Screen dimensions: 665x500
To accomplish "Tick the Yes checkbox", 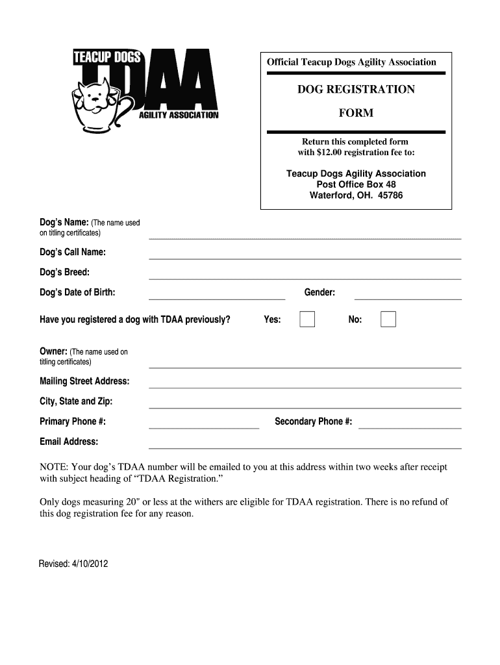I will [307, 320].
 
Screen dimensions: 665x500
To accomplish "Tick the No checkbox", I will [388, 320].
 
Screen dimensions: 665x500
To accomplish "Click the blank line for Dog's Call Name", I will [305, 257].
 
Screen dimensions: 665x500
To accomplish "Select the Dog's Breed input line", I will [305, 277].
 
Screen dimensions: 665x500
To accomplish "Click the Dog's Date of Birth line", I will [217, 297].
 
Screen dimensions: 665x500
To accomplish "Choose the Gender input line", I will [408, 297].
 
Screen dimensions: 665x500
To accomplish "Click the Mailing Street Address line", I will [305, 386].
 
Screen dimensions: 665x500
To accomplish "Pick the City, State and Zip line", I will [305, 407].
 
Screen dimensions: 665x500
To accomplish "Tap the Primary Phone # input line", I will [204, 427].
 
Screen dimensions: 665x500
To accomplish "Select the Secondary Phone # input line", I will [410, 427].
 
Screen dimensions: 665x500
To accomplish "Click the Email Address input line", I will [305, 447].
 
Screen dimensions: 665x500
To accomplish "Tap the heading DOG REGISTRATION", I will [356, 90].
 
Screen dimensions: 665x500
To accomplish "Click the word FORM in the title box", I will [356, 114].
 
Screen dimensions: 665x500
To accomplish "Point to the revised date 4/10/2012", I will [90, 564].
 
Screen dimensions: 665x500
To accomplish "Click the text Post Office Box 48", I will [356, 184].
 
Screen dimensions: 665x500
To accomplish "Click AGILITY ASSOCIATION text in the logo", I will [180, 116].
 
